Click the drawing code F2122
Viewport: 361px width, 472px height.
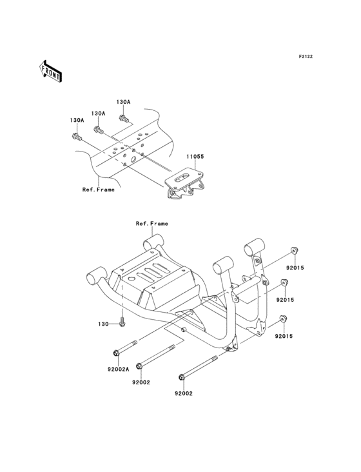pyautogui.click(x=305, y=57)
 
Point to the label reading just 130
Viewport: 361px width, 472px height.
pyautogui.click(x=103, y=323)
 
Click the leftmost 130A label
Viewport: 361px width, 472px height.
pyautogui.click(x=77, y=119)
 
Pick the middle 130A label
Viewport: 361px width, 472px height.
pyautogui.click(x=98, y=113)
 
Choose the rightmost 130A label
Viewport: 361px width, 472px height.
pyautogui.click(x=123, y=102)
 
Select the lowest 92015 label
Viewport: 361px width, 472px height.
pyautogui.click(x=285, y=336)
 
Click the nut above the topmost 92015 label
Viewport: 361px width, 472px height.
pyautogui.click(x=293, y=250)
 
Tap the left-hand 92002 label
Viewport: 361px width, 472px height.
pyautogui.click(x=141, y=382)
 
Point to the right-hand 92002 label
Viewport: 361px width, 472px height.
pyautogui.click(x=183, y=393)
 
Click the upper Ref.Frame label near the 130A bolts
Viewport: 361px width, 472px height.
pyautogui.click(x=97, y=190)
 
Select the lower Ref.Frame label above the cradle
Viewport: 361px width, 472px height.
pyautogui.click(x=151, y=223)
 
